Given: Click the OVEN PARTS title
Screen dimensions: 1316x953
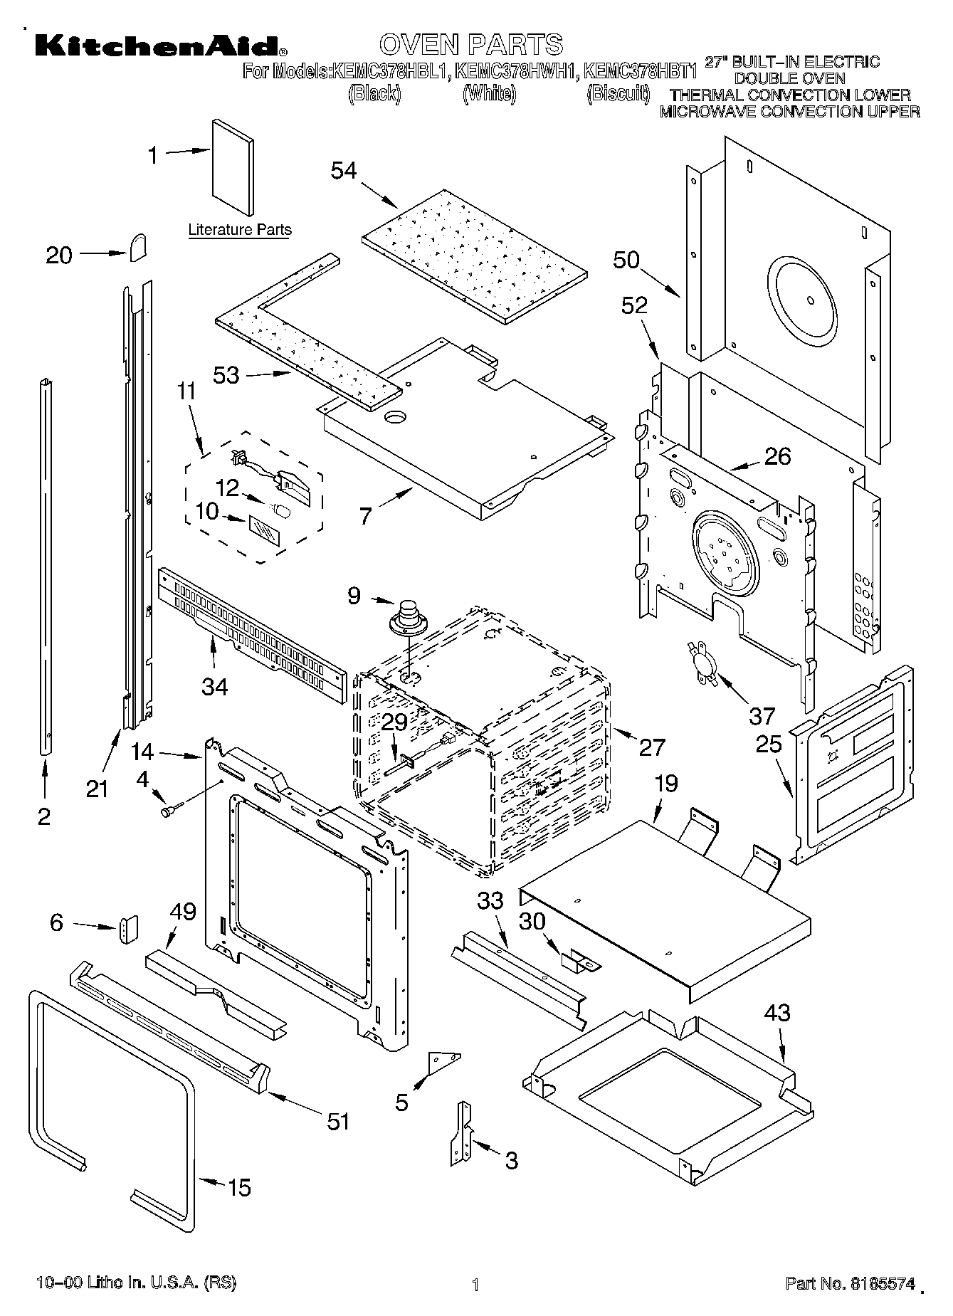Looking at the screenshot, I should point(471,44).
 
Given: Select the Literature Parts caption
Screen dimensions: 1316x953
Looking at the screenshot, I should point(240,230).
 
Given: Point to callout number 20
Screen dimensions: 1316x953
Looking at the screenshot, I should point(59,255).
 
